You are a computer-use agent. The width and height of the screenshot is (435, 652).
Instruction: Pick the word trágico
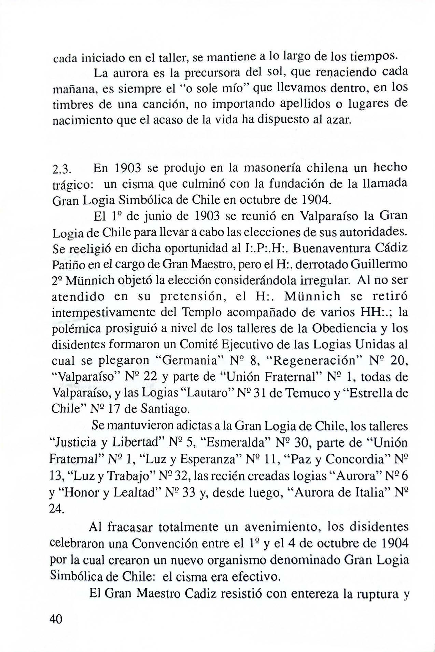click(71, 185)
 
